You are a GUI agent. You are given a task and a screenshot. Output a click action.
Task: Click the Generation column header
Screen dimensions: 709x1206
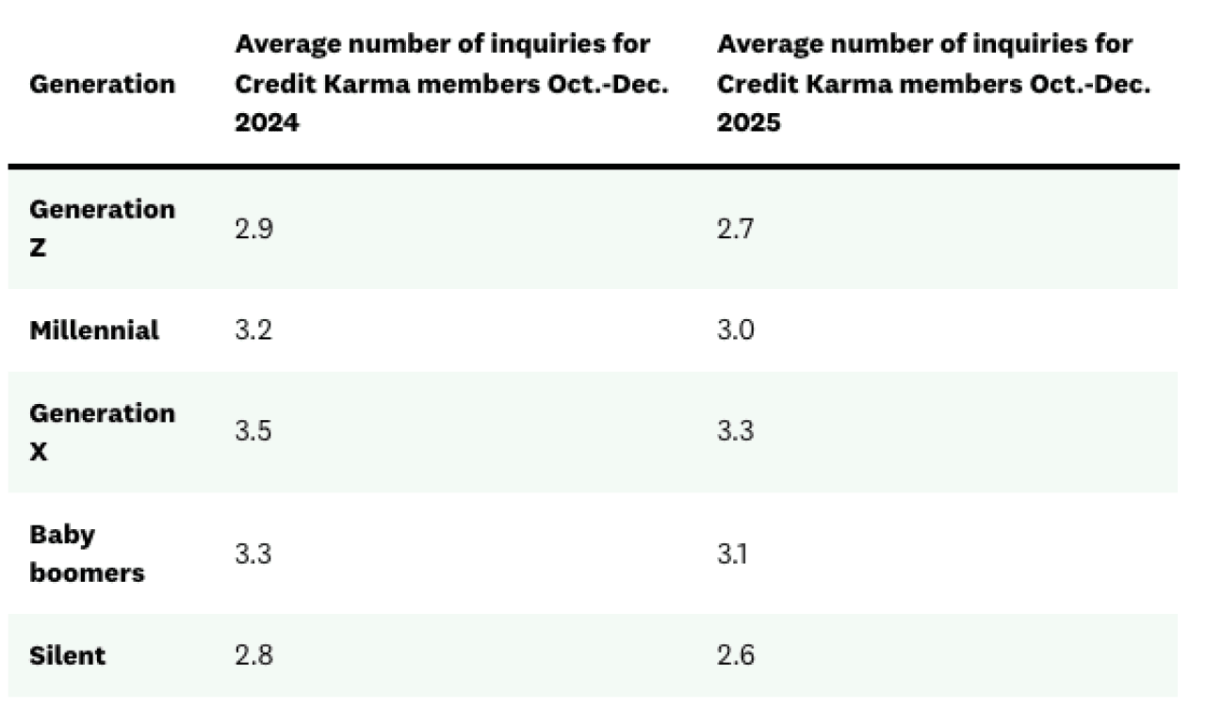pos(102,84)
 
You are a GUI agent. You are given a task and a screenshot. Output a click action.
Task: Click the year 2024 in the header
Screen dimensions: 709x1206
pos(267,122)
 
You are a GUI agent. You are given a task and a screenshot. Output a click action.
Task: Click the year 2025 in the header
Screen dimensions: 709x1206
pos(749,122)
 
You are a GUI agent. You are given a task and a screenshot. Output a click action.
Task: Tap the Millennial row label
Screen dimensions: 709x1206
pos(94,330)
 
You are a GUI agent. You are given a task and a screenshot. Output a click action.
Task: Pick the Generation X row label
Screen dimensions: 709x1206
pos(102,432)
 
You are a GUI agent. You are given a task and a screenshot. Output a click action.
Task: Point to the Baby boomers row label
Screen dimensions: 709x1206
pos(87,554)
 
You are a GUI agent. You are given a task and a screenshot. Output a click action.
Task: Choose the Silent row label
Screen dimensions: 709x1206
pos(67,655)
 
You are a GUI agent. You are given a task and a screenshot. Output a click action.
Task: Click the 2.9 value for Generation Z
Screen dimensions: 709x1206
pos(253,229)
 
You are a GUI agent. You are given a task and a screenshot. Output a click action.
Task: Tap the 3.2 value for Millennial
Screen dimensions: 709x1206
pos(253,330)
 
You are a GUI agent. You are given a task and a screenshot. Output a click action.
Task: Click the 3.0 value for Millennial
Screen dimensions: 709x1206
pos(736,330)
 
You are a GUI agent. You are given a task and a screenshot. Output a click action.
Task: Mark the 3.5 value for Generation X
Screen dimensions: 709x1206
pos(253,432)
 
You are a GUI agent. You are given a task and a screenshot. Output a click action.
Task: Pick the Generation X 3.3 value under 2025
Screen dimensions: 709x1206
pos(736,432)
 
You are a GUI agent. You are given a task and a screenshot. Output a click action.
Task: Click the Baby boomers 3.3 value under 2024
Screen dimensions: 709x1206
pos(253,554)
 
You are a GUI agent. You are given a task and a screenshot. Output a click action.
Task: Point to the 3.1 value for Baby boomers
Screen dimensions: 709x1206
pos(734,554)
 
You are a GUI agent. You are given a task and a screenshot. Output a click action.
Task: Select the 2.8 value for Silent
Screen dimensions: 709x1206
pos(253,655)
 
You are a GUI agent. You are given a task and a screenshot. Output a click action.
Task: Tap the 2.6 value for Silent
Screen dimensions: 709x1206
pos(736,655)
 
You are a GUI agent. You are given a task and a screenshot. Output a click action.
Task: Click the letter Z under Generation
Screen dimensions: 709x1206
pos(38,250)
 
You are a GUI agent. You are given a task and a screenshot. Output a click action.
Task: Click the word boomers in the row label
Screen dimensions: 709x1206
pos(87,572)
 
